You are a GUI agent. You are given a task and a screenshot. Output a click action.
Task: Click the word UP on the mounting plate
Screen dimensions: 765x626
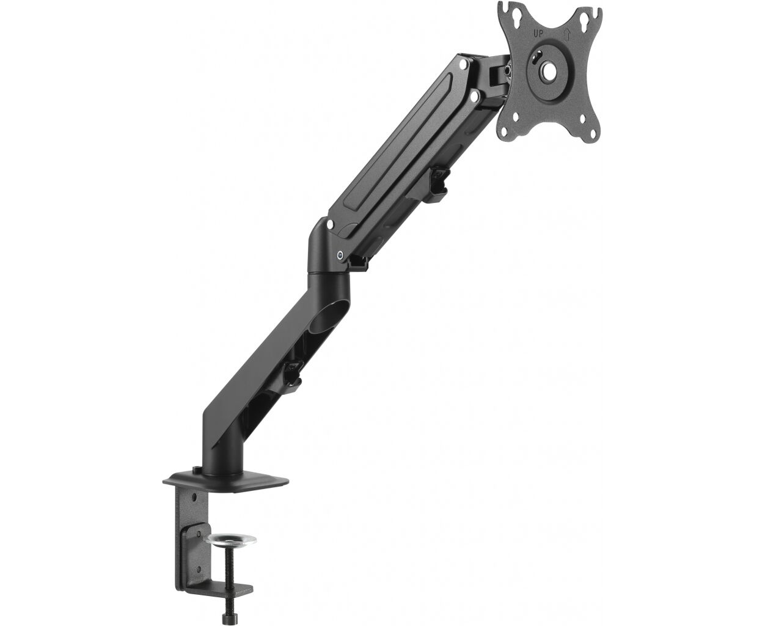538,34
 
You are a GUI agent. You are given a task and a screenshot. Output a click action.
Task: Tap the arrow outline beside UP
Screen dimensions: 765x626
566,34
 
